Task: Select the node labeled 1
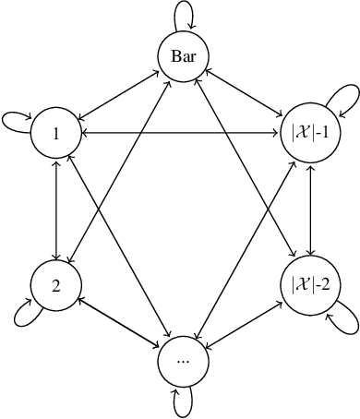[56, 134]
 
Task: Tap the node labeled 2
[56, 283]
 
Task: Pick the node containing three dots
[182, 360]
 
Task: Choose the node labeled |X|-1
[307, 134]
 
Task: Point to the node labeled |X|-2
[307, 283]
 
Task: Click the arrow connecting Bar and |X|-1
[245, 96]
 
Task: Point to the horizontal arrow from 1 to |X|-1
[182, 134]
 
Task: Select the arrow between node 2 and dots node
[119, 321]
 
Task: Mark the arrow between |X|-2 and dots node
[245, 321]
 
